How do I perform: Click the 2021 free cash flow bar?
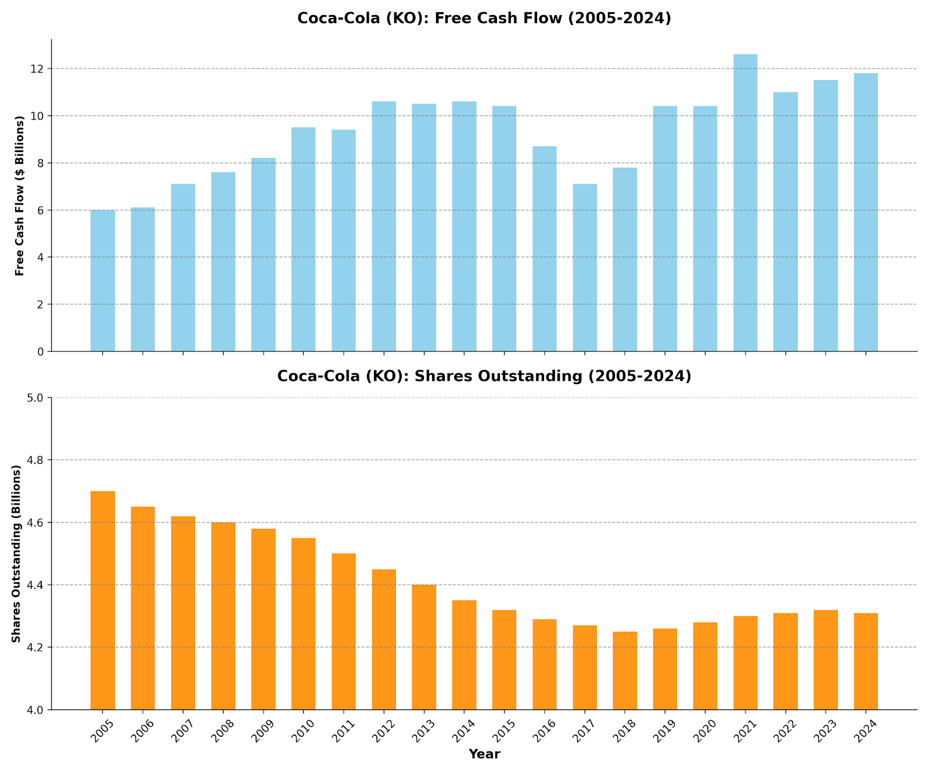pos(745,203)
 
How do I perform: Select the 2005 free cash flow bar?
pos(103,281)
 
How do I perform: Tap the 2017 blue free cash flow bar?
pos(585,268)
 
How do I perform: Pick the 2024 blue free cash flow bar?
pos(865,213)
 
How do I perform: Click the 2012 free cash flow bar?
pos(384,226)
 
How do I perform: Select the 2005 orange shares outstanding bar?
pos(103,600)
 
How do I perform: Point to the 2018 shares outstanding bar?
pos(624,671)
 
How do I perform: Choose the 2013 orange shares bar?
pos(424,647)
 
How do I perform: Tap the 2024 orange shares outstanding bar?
pos(865,661)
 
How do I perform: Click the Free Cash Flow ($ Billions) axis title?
pos(20,195)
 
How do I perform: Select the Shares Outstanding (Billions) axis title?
pos(16,553)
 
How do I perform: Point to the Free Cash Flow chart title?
pos(484,19)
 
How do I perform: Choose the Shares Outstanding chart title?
pos(484,376)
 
